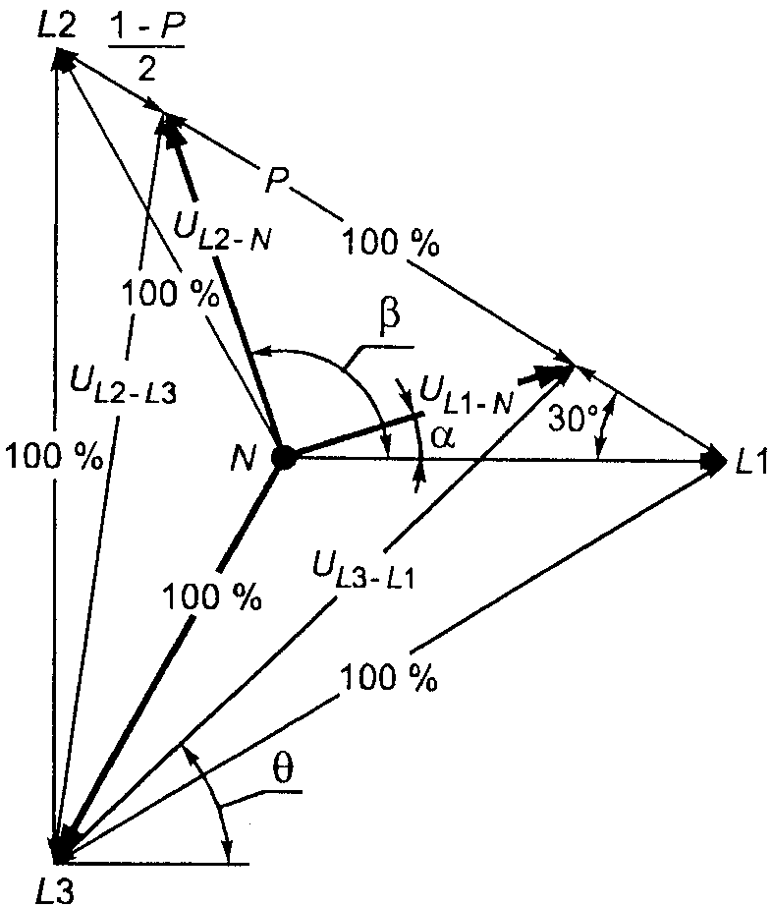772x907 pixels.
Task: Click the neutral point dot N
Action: [283, 458]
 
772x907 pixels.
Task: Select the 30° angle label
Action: [569, 419]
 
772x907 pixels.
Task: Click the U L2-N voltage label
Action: [222, 231]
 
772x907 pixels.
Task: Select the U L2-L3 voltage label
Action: [123, 382]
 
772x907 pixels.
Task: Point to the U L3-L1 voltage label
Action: [363, 569]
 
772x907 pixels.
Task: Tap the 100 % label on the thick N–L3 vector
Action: [211, 595]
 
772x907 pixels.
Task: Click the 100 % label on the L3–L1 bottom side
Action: [389, 677]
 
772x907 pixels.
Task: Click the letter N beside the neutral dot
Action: [243, 459]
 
